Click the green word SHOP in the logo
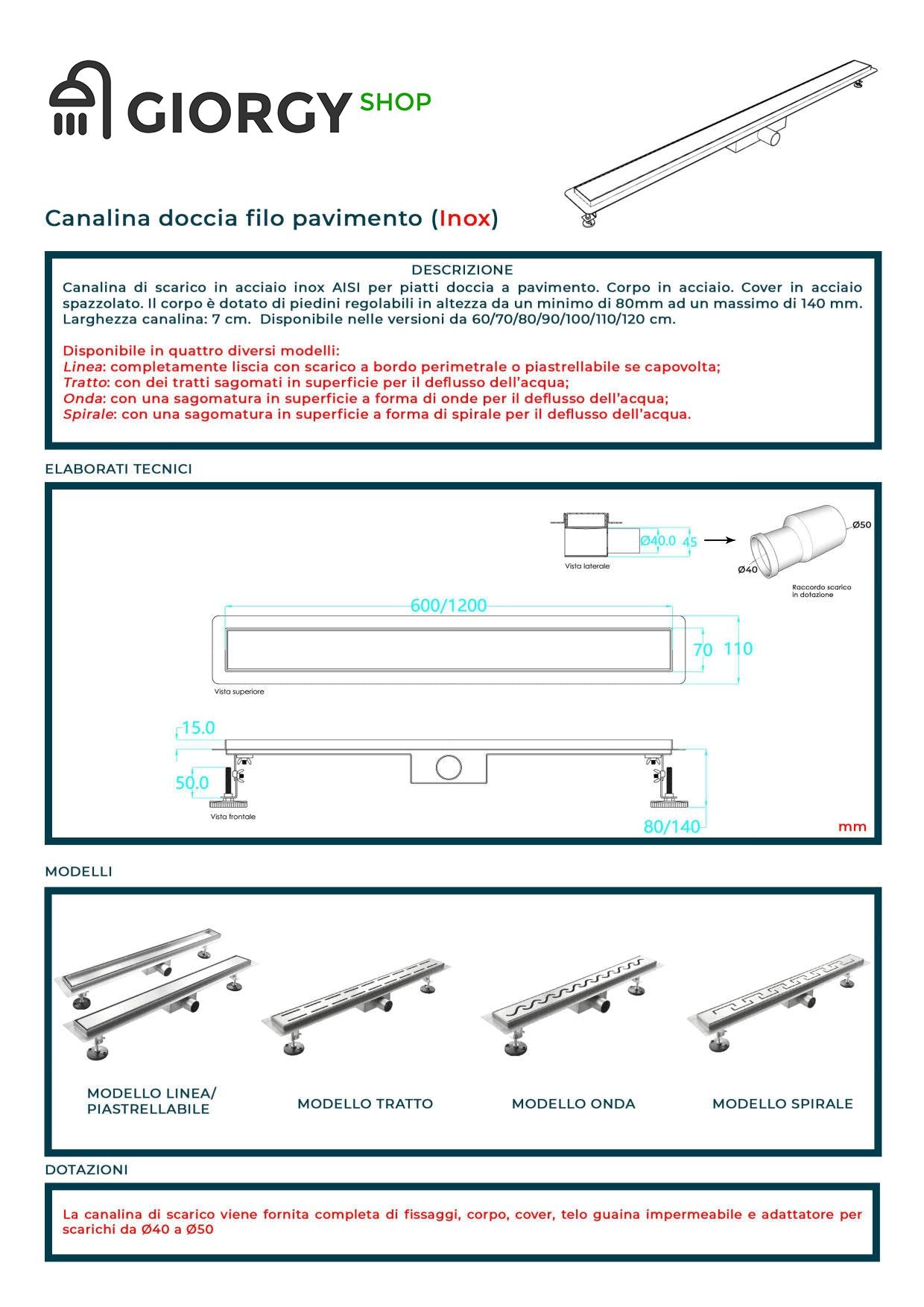(x=395, y=102)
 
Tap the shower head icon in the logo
(x=80, y=101)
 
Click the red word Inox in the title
(x=465, y=218)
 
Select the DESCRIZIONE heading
(x=462, y=270)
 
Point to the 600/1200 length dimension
(x=448, y=605)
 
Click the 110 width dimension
(x=738, y=648)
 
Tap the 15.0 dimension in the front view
(x=197, y=727)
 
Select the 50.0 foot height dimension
(x=192, y=782)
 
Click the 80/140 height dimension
(x=671, y=826)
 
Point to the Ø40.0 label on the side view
(x=658, y=540)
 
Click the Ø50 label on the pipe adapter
(x=861, y=525)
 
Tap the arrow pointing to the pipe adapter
(x=720, y=540)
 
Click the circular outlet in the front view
(x=449, y=767)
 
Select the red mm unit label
(x=852, y=826)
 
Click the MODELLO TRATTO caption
(x=365, y=1104)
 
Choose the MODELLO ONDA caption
(x=573, y=1104)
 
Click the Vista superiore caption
(x=239, y=692)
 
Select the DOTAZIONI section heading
(x=86, y=1170)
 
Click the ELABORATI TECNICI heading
(x=118, y=469)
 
